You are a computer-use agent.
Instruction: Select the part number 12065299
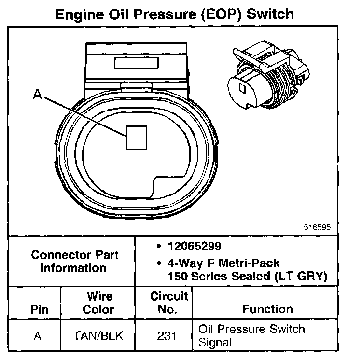tap(194, 246)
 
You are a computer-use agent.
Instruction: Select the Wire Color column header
tap(99, 303)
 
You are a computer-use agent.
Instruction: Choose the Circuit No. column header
tap(168, 303)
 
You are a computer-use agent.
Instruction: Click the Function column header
tap(267, 309)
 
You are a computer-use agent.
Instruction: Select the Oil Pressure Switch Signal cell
tap(251, 336)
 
